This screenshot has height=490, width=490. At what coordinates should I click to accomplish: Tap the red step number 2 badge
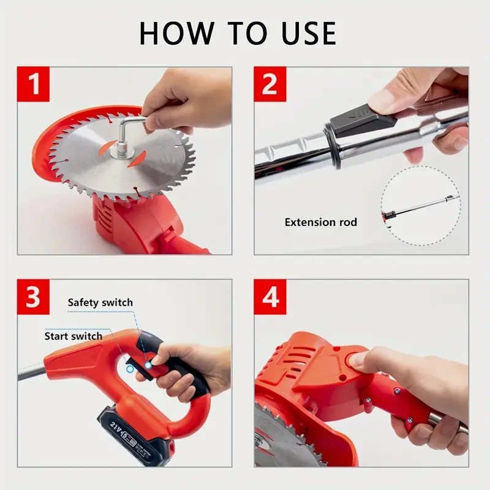(270, 84)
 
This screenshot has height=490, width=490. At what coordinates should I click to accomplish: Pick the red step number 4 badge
(270, 296)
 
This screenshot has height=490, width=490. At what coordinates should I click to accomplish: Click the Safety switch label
(100, 303)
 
